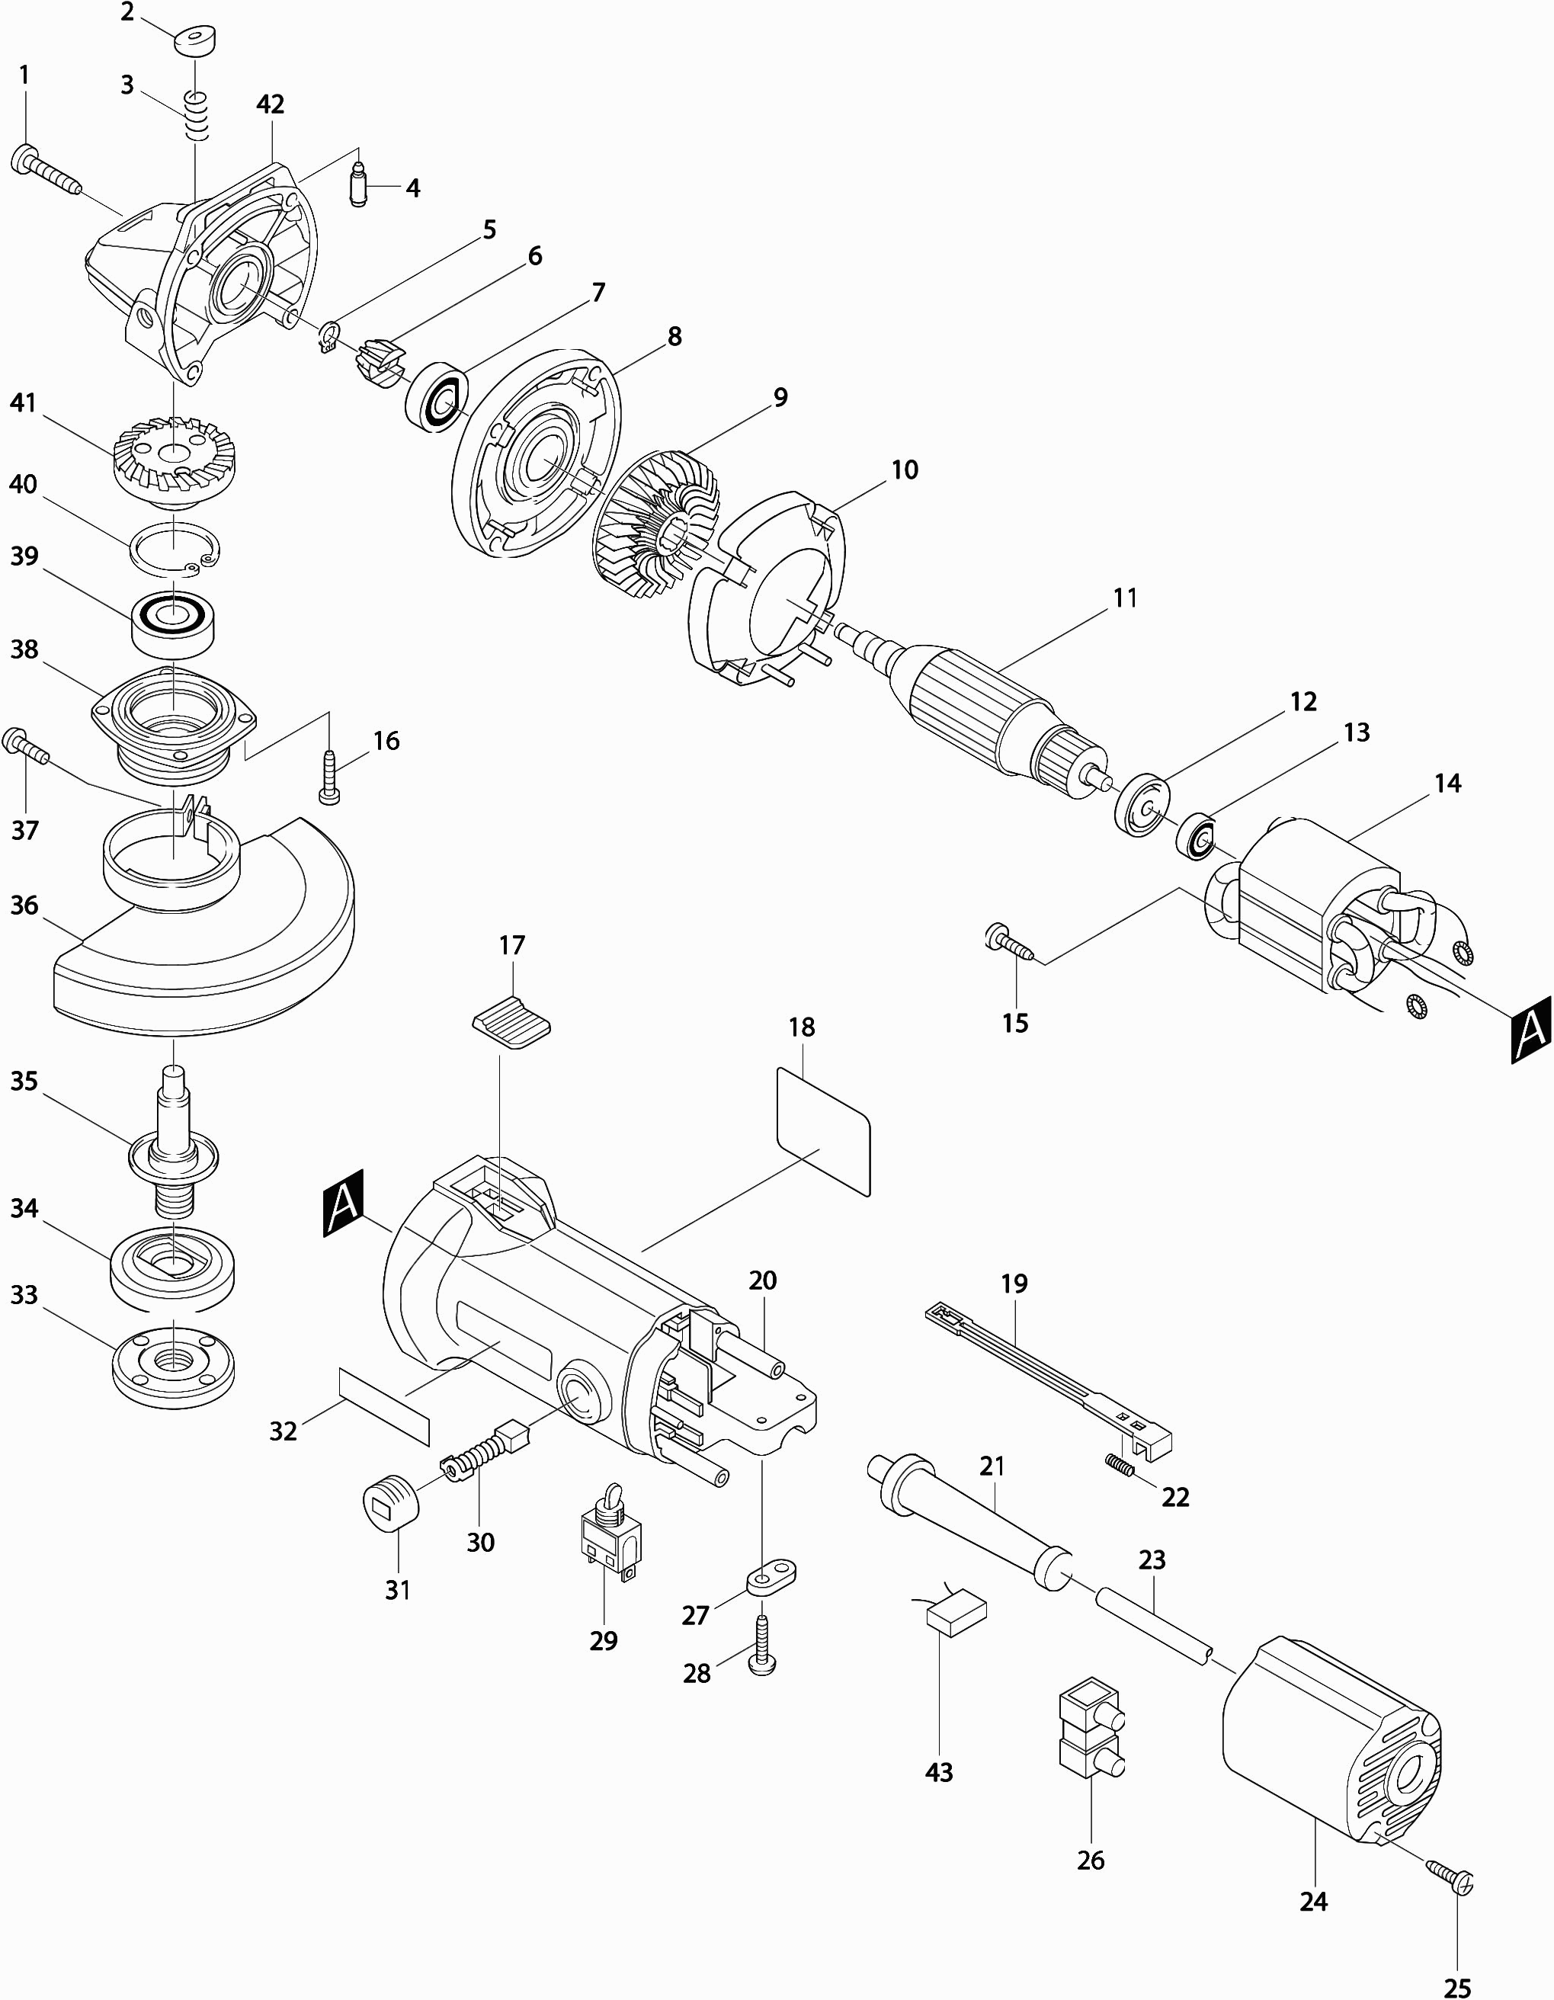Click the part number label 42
tap(270, 104)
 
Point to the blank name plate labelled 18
tap(822, 1132)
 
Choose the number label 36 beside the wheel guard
tap(24, 905)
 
